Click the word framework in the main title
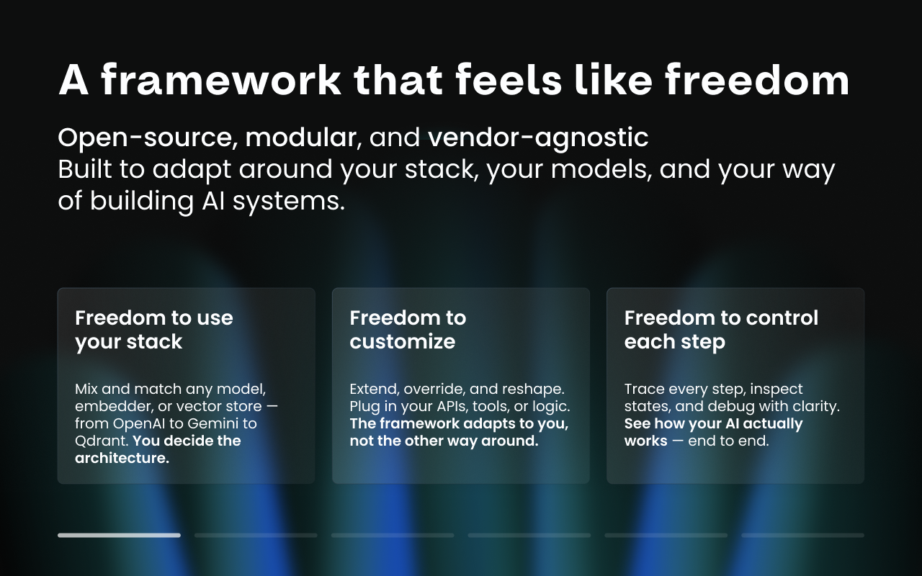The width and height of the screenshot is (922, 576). pos(221,80)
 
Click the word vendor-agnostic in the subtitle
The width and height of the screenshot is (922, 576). pos(538,138)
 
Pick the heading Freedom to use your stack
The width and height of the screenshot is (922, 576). pos(154,329)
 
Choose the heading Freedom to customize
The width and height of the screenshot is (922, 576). pos(408,329)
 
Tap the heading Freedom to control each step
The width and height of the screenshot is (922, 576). pos(721,329)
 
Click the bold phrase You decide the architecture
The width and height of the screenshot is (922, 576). pos(158,449)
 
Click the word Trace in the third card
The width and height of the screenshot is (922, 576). pos(644,389)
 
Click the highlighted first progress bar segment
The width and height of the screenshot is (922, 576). pos(119,535)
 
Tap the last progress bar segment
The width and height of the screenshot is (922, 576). pos(802,535)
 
